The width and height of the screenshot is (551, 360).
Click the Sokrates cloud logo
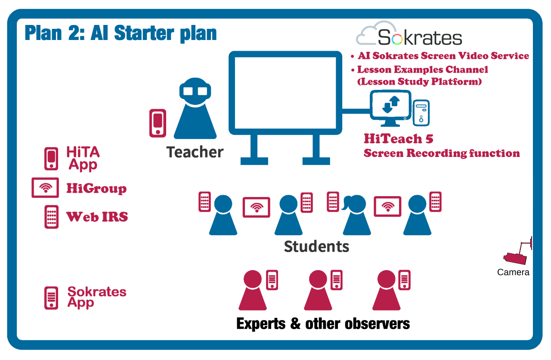coord(409,34)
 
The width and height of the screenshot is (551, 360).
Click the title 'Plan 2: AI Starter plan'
coord(121,33)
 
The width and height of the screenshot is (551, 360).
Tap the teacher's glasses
coord(195,91)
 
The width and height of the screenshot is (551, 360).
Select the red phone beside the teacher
coord(158,123)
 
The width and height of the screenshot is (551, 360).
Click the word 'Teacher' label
coord(195,152)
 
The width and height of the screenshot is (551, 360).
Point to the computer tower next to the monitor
coord(421,113)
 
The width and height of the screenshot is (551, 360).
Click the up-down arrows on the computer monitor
coord(390,104)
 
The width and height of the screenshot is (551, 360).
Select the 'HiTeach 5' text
coord(399,138)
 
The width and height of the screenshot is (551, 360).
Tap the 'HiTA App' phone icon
coord(51,159)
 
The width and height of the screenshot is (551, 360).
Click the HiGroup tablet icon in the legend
coord(45,188)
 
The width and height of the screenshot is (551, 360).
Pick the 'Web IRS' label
coord(97,217)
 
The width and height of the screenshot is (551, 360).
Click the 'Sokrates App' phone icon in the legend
coord(51,298)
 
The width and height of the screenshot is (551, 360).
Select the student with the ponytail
coord(356,215)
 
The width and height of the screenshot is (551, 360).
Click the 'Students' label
coord(316,246)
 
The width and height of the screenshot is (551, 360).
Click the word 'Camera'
coord(513,272)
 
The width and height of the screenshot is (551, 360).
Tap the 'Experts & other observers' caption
coord(323,324)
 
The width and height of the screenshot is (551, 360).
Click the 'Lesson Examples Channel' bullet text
coord(423,70)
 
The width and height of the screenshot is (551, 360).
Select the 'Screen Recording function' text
coord(442,154)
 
